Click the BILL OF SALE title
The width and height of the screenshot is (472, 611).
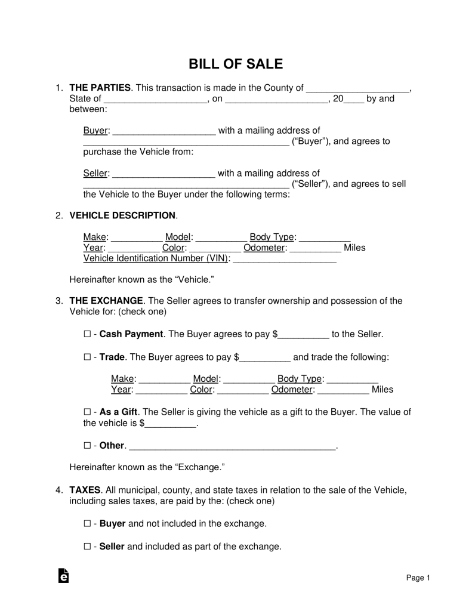point(236,64)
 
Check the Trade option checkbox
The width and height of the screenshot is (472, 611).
point(87,358)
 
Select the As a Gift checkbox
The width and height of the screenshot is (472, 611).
point(87,412)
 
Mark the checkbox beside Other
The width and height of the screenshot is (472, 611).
point(87,446)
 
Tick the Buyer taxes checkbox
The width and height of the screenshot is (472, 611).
point(87,524)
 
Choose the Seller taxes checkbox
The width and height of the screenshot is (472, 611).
point(87,547)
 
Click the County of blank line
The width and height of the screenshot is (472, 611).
point(358,89)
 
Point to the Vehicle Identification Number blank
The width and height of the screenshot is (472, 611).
point(285,260)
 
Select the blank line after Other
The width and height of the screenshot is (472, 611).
point(233,446)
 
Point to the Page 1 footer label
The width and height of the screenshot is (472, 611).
point(418,578)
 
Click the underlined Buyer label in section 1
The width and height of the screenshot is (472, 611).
point(95,131)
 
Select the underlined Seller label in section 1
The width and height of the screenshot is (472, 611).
point(95,174)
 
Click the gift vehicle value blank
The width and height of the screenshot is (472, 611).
point(171,424)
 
